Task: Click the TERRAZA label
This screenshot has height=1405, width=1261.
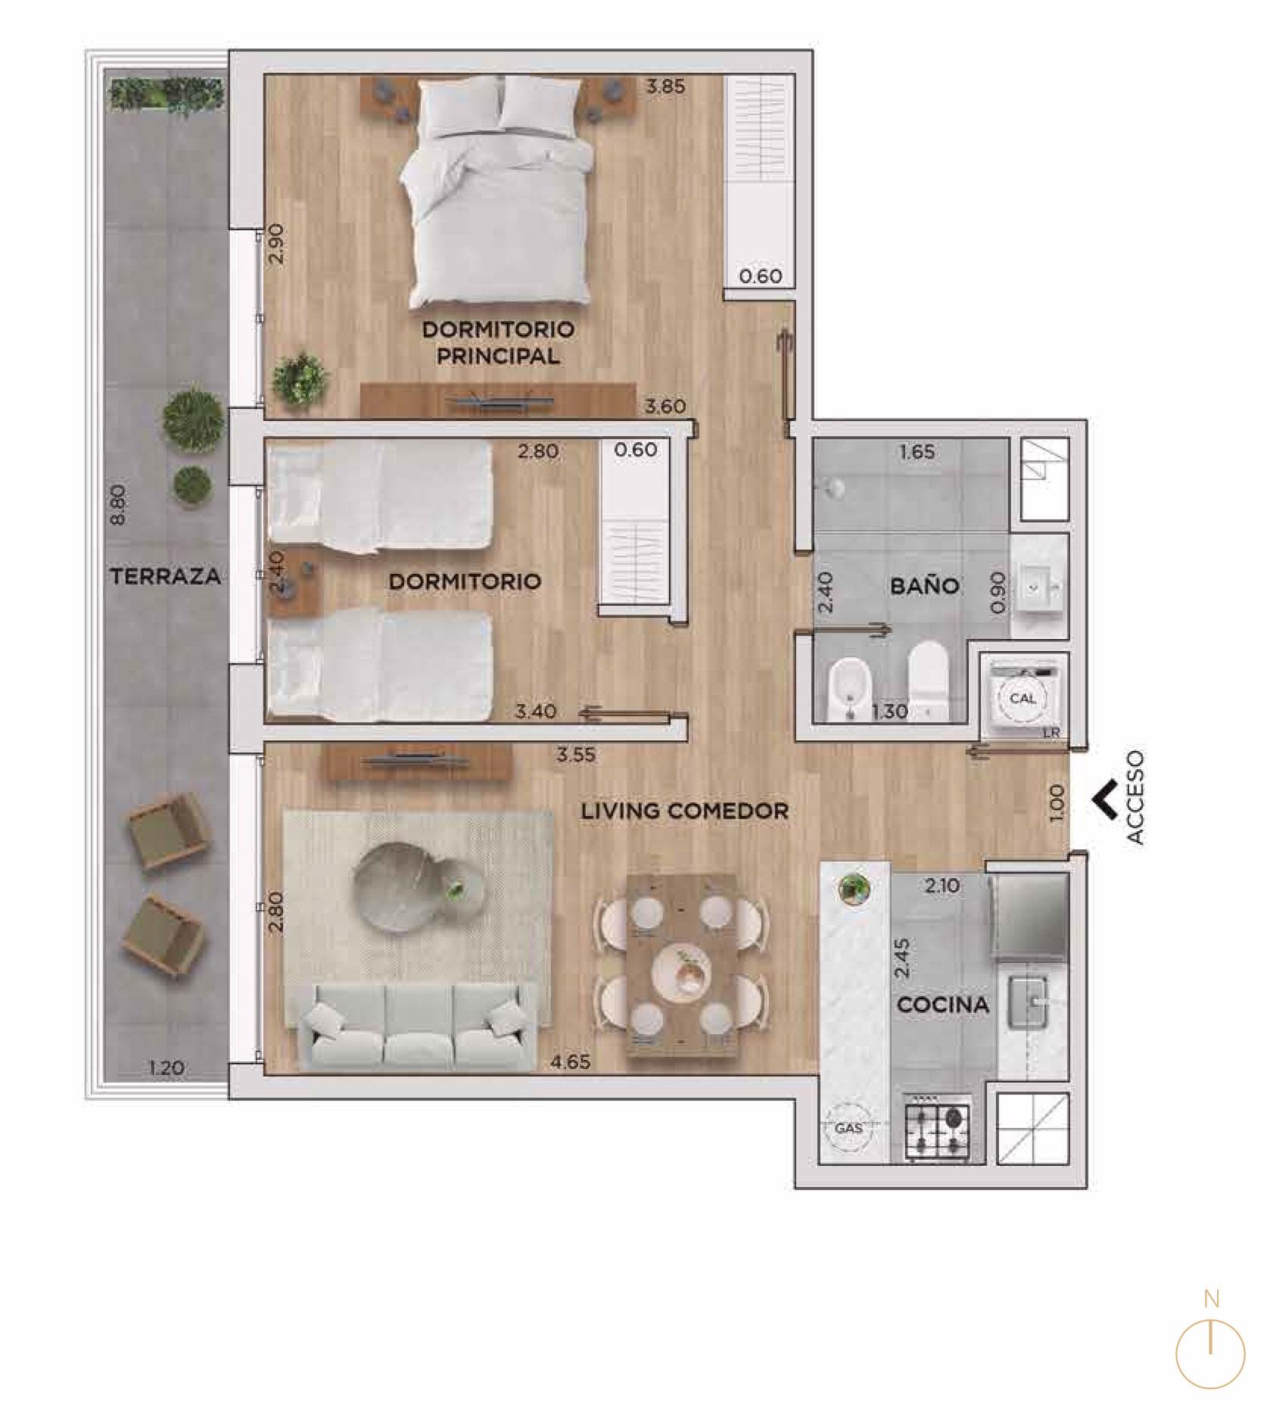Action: (166, 576)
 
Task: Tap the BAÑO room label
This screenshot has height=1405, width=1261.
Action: (925, 585)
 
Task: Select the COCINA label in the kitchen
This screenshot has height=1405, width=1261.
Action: (943, 1005)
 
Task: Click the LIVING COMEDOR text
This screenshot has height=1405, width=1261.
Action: (685, 811)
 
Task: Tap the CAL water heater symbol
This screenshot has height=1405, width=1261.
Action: (1023, 698)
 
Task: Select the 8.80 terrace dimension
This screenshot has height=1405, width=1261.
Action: (117, 505)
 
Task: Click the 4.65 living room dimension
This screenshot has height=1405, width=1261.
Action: (570, 1062)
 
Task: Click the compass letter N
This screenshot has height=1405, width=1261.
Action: (1211, 1299)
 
